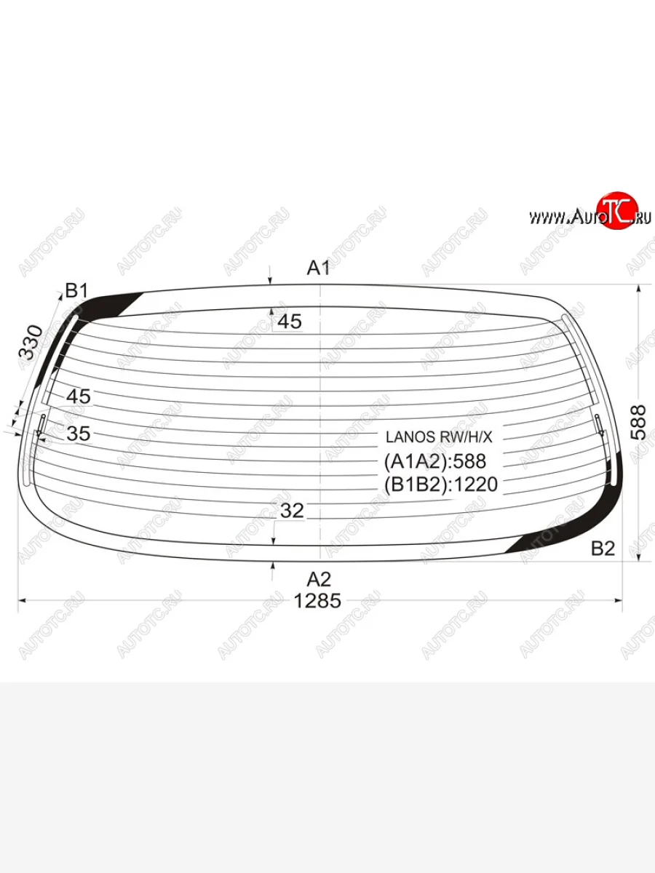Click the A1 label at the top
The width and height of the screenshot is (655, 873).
[x=318, y=268]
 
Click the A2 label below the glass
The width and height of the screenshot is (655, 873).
[x=319, y=580]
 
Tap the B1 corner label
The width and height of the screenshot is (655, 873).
[x=76, y=291]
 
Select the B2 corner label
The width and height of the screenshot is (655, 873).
[x=603, y=549]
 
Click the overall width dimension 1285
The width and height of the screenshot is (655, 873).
[x=317, y=601]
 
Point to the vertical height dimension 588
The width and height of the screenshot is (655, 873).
[x=638, y=422]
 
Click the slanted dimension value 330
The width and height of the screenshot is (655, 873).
[x=31, y=343]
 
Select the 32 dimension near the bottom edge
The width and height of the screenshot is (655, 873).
[x=292, y=510]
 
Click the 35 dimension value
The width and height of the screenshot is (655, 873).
[x=79, y=434]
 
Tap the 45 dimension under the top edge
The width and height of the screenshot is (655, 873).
[x=290, y=322]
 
